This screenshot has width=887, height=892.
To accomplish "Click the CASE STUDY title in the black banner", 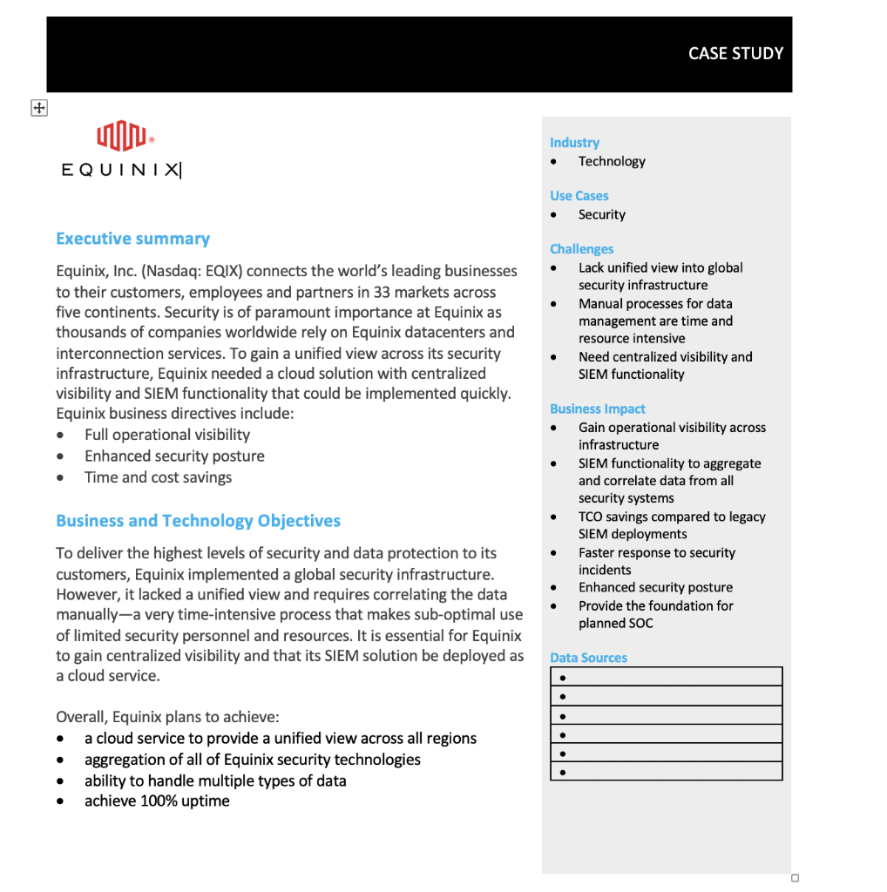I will point(735,53).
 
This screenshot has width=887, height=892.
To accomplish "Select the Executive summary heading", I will point(132,239).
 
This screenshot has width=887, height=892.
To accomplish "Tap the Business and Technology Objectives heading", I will point(198,521).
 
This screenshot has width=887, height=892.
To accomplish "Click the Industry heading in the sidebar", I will point(574,143).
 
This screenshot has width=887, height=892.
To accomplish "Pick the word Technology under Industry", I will point(612,161).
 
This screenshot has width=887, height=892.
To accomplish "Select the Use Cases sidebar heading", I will point(579,196).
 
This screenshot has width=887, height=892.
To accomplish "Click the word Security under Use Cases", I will point(601,214).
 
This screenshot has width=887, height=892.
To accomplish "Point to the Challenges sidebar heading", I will point(581,249).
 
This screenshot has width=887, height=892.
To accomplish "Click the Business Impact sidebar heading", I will point(598,409).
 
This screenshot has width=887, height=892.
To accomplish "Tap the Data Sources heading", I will point(588,658).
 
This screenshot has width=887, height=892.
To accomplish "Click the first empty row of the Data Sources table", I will point(667,677).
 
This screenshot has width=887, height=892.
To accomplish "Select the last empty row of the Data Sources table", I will point(667,771).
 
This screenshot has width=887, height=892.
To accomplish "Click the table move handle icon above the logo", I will point(38,108).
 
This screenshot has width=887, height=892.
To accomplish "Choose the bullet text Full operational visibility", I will point(166,435).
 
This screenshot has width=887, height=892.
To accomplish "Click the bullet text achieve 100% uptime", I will point(157,801).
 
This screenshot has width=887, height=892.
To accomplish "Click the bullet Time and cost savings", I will point(158,477).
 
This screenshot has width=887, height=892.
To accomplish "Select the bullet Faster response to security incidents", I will point(656,561).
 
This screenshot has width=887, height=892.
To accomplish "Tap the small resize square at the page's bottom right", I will point(795,878).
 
